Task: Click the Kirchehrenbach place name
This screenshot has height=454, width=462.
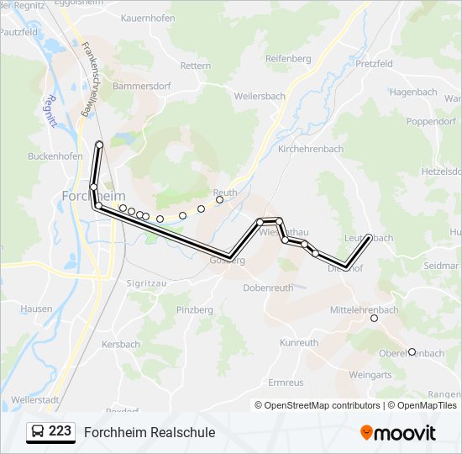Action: pos(310,149)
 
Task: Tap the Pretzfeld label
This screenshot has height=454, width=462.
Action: pos(374,64)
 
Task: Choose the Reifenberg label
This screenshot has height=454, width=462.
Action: pos(288,59)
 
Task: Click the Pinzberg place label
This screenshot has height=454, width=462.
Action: pos(195,311)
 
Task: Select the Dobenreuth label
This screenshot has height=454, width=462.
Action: pos(268,288)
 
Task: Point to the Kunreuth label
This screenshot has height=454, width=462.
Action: pos(299,343)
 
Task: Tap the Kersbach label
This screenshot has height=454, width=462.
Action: pos(120,345)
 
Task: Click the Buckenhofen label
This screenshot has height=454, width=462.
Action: pos(55,156)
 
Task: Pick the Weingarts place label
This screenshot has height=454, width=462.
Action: pos(370,375)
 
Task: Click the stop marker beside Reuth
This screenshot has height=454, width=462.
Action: pos(219,200)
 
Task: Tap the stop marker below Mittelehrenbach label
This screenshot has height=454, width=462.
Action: pos(374,319)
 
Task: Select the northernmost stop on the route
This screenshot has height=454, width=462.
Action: pos(99,145)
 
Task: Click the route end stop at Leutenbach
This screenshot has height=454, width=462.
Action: pos(369,238)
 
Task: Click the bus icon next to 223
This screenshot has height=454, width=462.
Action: pos(38,432)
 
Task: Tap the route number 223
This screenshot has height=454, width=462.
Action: pos(60,431)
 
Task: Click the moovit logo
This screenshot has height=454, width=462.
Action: pos(398,433)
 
